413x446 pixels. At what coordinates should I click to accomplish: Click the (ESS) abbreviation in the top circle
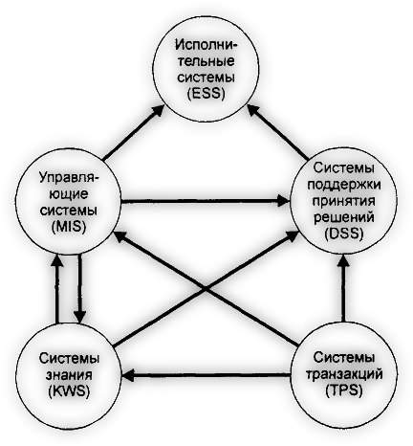pos(206,94)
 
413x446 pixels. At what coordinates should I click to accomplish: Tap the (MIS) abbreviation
pos(69,227)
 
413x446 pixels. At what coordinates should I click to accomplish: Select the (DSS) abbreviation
pos(344,234)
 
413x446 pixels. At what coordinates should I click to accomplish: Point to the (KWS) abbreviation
pos(69,390)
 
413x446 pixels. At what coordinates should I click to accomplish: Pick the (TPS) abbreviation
pos(344,390)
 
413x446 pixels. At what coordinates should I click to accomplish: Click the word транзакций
pos(344,374)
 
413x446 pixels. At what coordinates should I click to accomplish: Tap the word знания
pos(69,375)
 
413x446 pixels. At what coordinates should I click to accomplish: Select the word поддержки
pos(344,185)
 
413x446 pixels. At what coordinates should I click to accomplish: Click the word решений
pos(344,217)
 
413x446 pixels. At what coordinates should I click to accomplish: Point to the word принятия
pos(344,202)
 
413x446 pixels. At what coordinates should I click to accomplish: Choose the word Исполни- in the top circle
pos(206,44)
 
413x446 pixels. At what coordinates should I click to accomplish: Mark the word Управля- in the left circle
pos(69,178)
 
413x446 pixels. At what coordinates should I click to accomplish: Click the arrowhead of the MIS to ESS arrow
pos(158,110)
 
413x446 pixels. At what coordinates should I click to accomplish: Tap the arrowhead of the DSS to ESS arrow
pos(255,111)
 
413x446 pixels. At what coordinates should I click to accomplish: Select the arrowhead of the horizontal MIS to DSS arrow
pos(283,201)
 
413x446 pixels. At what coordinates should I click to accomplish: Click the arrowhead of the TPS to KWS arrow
pos(128,376)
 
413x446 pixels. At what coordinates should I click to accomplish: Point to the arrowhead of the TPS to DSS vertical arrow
pos(343,260)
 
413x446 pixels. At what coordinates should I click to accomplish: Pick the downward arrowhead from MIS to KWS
pos(79,317)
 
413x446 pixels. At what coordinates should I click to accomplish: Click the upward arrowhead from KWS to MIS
pos(57,260)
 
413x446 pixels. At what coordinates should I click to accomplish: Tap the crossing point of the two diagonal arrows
pos(206,289)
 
